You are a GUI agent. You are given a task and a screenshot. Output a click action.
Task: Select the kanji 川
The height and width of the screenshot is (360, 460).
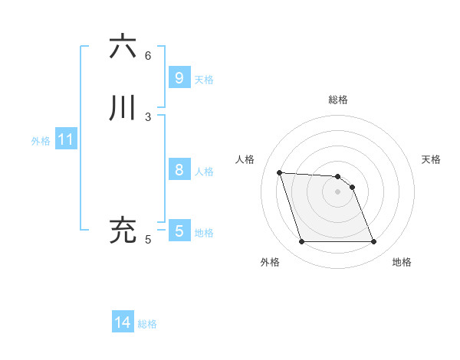pyautogui.click(x=123, y=109)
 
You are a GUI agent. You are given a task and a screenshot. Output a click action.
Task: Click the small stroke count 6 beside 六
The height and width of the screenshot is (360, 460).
pyautogui.click(x=148, y=55)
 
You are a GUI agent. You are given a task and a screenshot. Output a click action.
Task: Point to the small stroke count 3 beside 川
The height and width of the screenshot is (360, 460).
pyautogui.click(x=148, y=116)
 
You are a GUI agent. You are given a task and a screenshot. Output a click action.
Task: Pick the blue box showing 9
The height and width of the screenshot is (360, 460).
pyautogui.click(x=179, y=78)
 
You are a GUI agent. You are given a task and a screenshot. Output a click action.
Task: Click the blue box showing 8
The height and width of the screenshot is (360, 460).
pyautogui.click(x=179, y=170)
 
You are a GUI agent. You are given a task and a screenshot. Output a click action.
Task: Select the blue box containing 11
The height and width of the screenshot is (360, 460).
pyautogui.click(x=65, y=140)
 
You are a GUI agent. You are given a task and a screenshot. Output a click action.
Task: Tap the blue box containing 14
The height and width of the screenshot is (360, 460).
pyautogui.click(x=123, y=323)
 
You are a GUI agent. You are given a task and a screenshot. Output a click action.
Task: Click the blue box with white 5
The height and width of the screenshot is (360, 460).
pyautogui.click(x=179, y=231)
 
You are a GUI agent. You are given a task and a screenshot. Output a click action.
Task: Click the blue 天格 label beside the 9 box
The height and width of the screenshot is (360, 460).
pyautogui.click(x=204, y=80)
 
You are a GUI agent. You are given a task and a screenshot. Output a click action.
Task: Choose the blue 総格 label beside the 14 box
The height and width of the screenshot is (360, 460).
pyautogui.click(x=147, y=324)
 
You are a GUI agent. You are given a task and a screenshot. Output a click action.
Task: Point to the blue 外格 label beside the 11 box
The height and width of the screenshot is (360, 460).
pyautogui.click(x=41, y=141)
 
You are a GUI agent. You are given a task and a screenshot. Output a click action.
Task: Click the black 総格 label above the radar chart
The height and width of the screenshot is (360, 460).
pyautogui.click(x=338, y=100)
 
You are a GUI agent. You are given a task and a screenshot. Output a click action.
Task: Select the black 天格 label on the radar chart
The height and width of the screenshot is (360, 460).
pyautogui.click(x=431, y=159)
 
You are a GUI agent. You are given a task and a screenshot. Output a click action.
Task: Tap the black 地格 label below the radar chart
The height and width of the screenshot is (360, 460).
pyautogui.click(x=402, y=262)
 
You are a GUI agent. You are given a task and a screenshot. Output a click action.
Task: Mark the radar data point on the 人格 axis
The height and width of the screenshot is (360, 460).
pyautogui.click(x=279, y=172)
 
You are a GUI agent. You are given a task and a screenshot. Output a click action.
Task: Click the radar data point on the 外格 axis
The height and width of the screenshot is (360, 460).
pyautogui.click(x=301, y=242)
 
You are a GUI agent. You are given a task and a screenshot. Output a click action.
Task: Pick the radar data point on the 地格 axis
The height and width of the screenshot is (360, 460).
pyautogui.click(x=373, y=242)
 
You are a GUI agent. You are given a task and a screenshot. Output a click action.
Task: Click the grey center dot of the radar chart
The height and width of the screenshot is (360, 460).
pyautogui.click(x=337, y=191)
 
